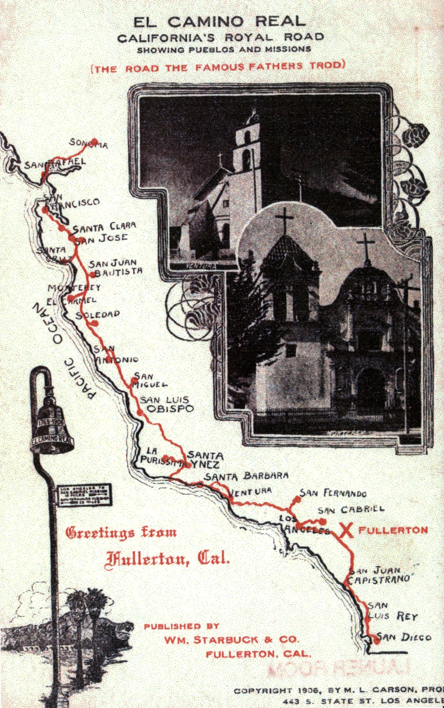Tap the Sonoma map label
coord(88,144)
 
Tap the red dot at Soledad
coord(95,323)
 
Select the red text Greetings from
coord(121,532)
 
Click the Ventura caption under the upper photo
coord(201,266)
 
